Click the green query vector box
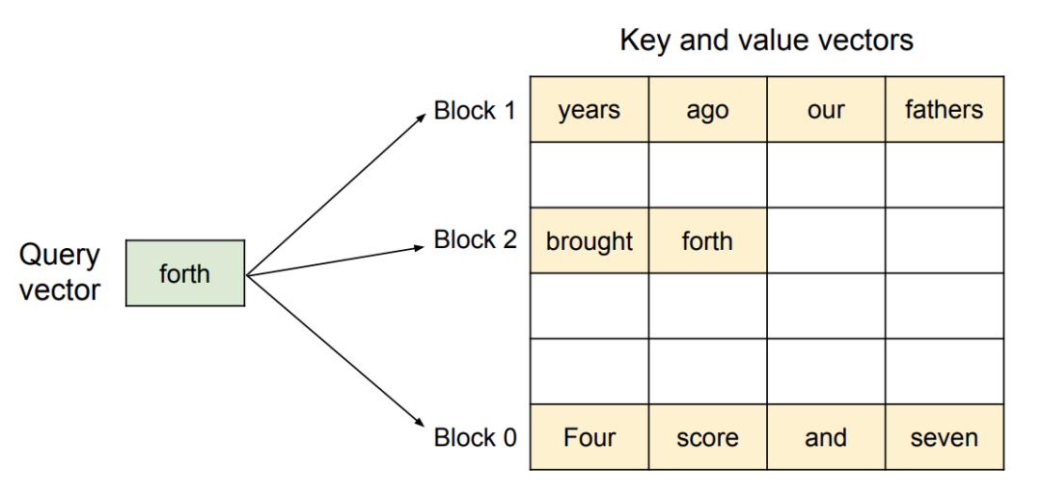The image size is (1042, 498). (x=185, y=273)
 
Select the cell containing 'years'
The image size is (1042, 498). (x=590, y=109)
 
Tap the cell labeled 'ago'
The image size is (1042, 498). (x=708, y=109)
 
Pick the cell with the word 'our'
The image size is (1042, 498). (x=826, y=109)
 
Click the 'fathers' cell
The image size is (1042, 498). (x=945, y=109)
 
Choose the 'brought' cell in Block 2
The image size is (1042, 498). (x=590, y=240)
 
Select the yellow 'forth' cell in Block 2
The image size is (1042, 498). (x=708, y=240)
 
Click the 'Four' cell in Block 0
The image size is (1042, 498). (x=590, y=437)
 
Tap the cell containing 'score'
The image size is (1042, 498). (x=708, y=437)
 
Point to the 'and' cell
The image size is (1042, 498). (x=826, y=437)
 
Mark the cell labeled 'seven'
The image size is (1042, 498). (x=945, y=437)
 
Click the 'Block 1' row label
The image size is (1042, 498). (x=475, y=110)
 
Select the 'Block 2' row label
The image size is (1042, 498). (x=475, y=239)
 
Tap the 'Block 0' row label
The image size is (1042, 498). (x=475, y=437)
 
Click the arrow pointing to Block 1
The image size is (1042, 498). (x=336, y=193)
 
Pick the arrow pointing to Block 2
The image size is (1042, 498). (x=336, y=261)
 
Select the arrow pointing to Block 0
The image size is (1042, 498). (x=336, y=350)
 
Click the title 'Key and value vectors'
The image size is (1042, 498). (x=766, y=41)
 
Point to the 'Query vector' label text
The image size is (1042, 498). (x=60, y=272)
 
